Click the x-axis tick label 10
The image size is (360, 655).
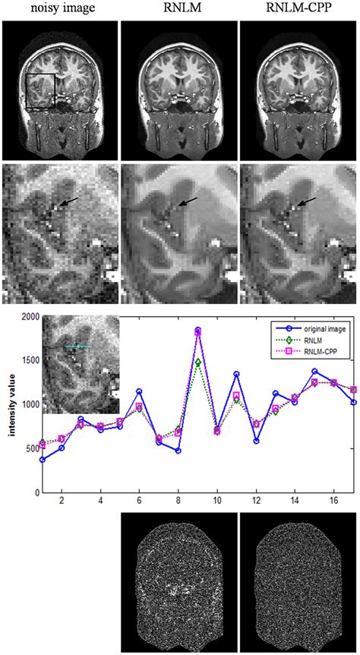(x=217, y=502)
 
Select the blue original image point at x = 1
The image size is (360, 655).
(x=42, y=460)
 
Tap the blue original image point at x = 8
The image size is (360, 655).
(x=178, y=451)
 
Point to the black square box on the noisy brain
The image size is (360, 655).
(x=39, y=91)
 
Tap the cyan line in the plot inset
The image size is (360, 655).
(x=77, y=346)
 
